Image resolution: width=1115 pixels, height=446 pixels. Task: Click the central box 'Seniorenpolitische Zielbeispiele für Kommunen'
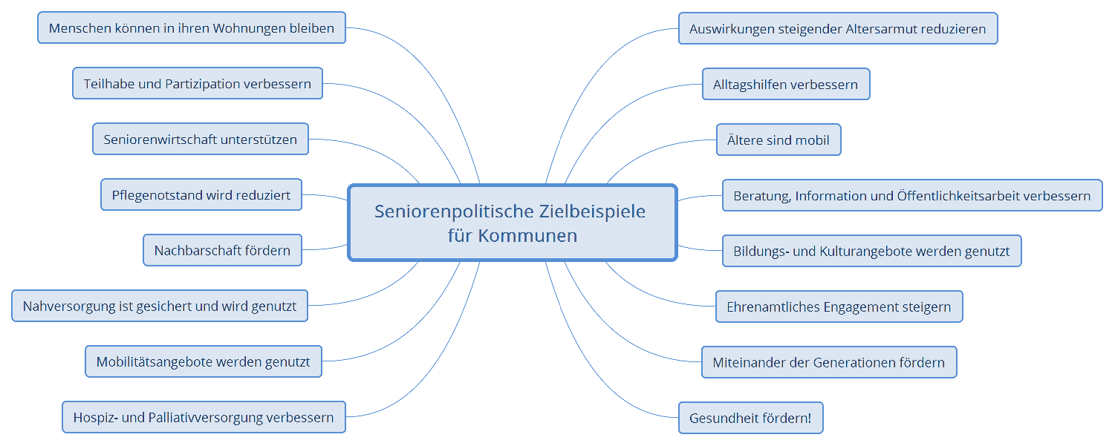point(513,223)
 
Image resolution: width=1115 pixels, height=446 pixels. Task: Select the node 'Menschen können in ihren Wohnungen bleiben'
point(192,28)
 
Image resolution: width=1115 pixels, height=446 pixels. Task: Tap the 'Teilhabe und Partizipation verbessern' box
point(198,84)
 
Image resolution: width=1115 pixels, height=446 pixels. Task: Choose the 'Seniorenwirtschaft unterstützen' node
point(201,140)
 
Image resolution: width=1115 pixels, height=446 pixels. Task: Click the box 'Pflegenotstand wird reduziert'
point(201,195)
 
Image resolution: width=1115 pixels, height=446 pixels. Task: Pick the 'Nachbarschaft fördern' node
point(223,250)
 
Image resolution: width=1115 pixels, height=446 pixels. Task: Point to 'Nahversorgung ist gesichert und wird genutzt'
point(160,306)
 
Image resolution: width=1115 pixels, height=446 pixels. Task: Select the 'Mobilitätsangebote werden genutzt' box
point(204,361)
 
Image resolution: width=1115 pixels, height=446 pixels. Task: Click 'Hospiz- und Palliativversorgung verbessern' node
point(204,417)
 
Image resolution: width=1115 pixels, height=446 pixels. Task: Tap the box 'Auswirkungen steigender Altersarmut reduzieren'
point(838,29)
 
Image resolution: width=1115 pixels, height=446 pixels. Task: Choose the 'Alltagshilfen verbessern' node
point(786,85)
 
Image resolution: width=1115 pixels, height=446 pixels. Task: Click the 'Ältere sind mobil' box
point(778,140)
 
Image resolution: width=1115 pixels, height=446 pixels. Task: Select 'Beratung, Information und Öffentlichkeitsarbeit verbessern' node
point(912,196)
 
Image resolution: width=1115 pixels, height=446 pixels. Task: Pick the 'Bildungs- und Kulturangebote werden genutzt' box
point(872,251)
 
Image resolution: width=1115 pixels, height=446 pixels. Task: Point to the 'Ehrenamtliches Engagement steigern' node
point(839,306)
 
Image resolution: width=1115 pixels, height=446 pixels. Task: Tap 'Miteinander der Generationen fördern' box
point(829,362)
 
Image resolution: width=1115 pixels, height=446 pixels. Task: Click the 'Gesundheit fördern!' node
point(750,418)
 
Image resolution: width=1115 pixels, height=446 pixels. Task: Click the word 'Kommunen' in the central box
point(527,236)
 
